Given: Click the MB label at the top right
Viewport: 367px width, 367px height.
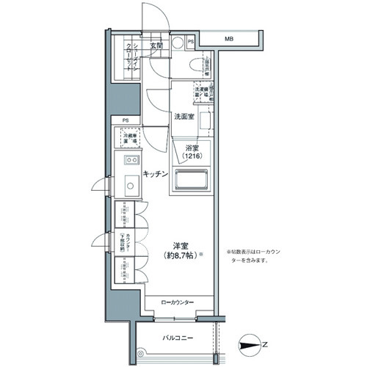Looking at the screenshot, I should pos(229,38).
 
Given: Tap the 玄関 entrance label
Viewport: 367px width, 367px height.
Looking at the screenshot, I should pos(156,46).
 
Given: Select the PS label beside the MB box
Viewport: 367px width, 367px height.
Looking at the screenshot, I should pos(191,42).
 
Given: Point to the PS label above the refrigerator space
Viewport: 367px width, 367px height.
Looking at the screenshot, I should pos(125,120).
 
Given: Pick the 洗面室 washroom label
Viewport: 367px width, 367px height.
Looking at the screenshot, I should pos(183,117).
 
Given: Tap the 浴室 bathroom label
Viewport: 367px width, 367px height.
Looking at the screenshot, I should pos(192,148).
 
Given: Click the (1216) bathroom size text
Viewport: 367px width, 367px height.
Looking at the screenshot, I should pos(192,156).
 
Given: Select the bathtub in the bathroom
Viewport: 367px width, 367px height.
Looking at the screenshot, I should pos(192,181).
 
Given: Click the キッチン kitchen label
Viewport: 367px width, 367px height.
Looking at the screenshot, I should pos(156,174).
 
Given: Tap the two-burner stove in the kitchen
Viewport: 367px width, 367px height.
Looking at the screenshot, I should pos(131,159).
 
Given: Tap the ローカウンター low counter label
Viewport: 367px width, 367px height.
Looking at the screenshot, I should pos(178,301).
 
